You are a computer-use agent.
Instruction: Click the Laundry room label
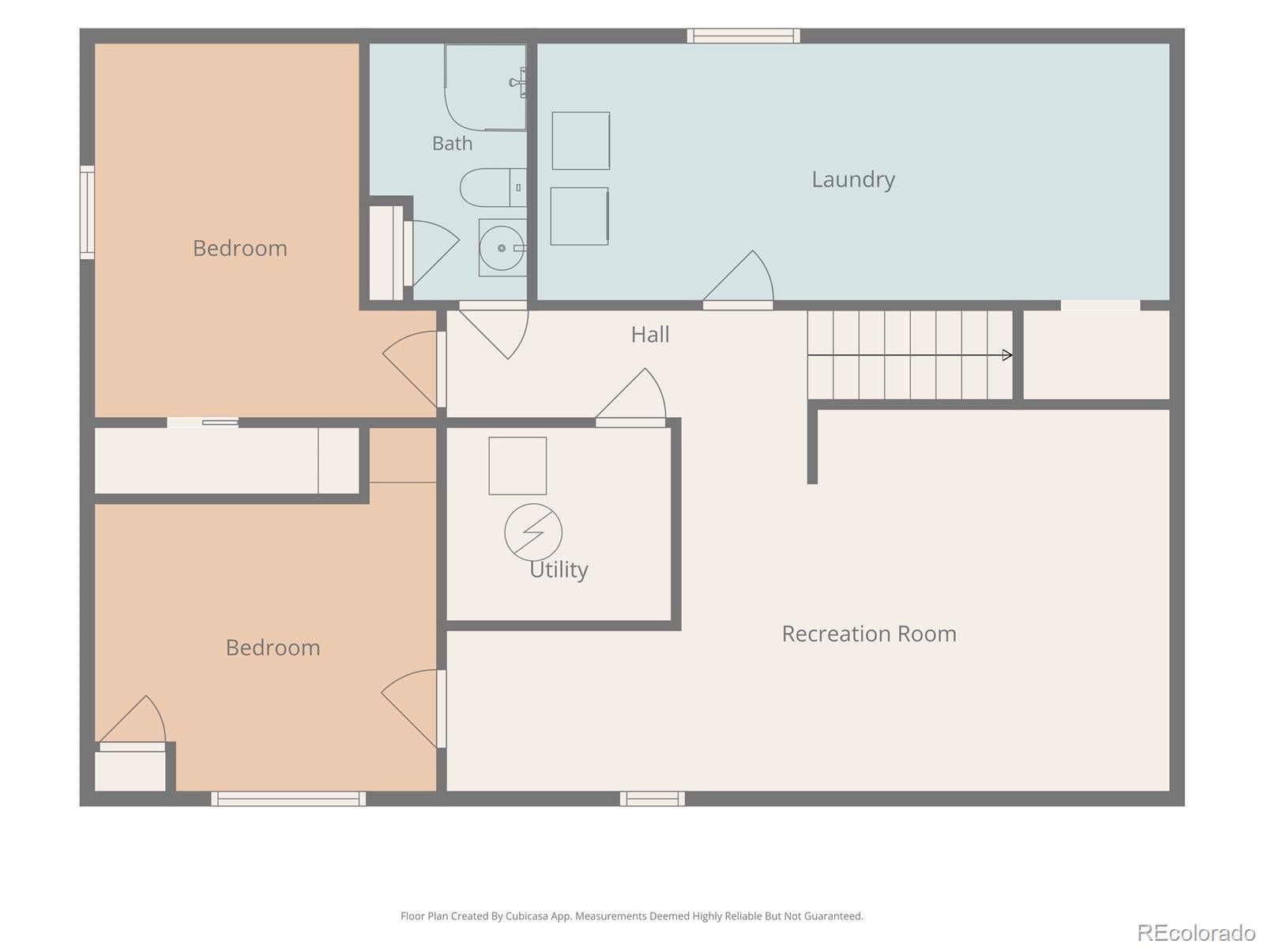[x=853, y=179]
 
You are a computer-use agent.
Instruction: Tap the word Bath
[x=452, y=143]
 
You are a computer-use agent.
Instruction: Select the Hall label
[x=650, y=334]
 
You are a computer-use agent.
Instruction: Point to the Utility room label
[x=559, y=570]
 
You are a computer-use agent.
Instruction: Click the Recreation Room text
[x=869, y=634]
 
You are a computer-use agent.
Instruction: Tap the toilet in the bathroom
[x=493, y=188]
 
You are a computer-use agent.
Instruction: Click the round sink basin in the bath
[x=502, y=248]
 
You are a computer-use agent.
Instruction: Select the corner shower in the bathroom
[x=485, y=88]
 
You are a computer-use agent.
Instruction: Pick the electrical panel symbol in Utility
[x=533, y=532]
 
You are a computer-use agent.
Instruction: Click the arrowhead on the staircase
[x=1007, y=355]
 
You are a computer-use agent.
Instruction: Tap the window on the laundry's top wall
[x=743, y=36]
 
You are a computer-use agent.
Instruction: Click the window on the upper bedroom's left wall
[x=87, y=212]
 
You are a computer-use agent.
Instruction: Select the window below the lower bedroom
[x=288, y=799]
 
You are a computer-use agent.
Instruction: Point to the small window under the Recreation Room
[x=653, y=799]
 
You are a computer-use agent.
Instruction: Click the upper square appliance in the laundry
[x=581, y=141]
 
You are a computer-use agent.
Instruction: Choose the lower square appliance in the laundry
[x=579, y=216]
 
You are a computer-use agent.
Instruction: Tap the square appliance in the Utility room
[x=517, y=465]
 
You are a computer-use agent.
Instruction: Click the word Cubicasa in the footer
[x=527, y=916]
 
